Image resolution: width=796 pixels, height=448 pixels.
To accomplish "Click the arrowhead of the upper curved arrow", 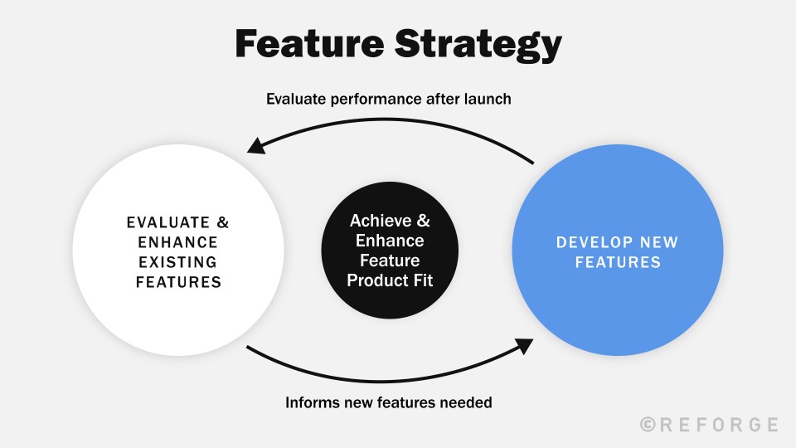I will tap(256, 148).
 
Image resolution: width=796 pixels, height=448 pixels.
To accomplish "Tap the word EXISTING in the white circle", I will tap(178, 262).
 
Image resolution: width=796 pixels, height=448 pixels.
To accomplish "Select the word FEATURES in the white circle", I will tap(178, 282).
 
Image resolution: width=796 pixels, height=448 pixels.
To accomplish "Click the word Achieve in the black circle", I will tap(380, 222).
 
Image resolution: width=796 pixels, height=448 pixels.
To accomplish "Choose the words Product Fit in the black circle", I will tap(390, 281).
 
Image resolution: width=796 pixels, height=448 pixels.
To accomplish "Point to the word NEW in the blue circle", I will tap(658, 243).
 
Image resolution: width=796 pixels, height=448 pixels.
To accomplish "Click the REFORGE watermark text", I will tap(719, 425).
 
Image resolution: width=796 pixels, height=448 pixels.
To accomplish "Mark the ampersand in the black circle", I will tap(423, 222).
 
